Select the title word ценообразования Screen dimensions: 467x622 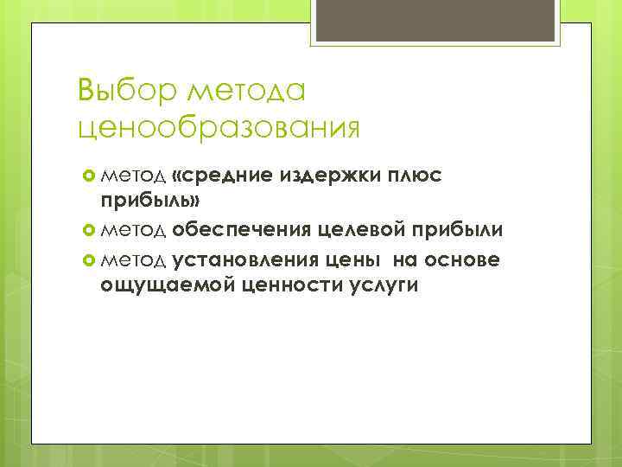[218, 128]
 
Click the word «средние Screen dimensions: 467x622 [221, 176]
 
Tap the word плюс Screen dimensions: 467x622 [413, 176]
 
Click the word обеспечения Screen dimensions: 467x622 [240, 230]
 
